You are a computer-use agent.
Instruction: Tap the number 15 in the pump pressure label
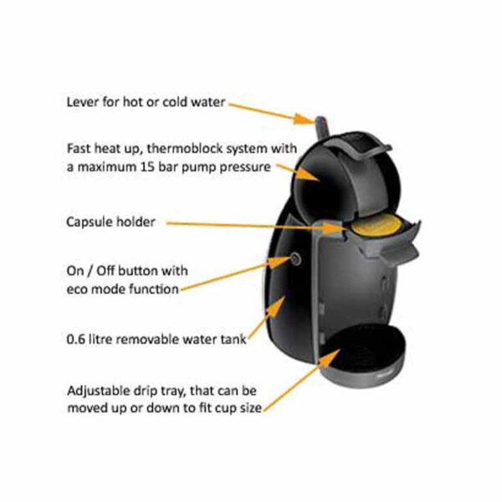coord(147,166)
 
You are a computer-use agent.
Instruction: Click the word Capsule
coord(90,223)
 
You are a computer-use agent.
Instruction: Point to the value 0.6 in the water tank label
coord(76,339)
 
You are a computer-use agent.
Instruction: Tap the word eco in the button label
coord(77,289)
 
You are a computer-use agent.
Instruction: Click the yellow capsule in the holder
coord(376,225)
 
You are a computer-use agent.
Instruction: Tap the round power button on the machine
coord(295,259)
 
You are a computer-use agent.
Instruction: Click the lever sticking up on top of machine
coord(321,127)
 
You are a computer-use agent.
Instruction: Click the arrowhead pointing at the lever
coord(305,119)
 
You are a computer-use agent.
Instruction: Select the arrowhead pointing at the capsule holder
coord(335,228)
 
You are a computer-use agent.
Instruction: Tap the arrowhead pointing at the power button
coord(279,262)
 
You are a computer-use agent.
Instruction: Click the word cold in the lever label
coord(175,102)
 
